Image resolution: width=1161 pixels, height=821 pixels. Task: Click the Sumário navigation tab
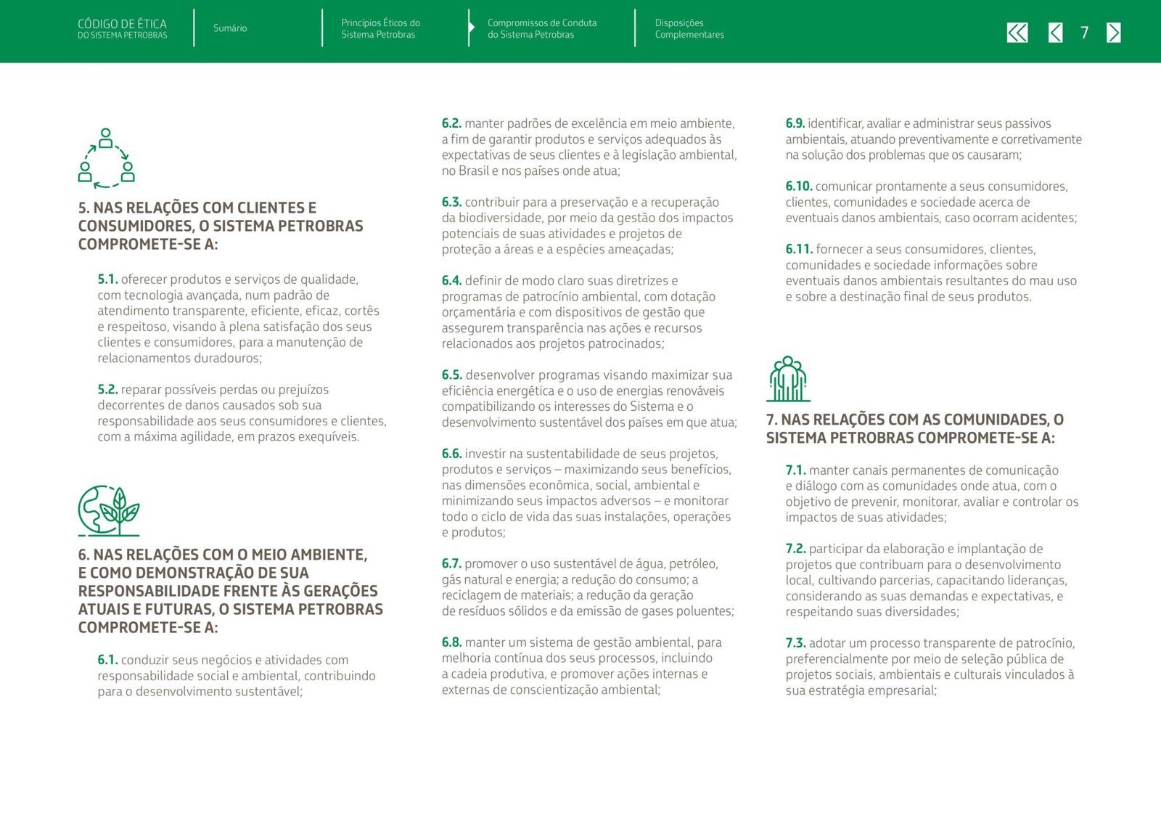pyautogui.click(x=229, y=28)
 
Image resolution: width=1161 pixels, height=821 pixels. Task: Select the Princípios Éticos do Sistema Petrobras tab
pyautogui.click(x=380, y=28)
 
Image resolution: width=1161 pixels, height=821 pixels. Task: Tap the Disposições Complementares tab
pyautogui.click(x=689, y=28)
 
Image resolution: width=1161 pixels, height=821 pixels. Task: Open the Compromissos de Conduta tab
pyautogui.click(x=541, y=28)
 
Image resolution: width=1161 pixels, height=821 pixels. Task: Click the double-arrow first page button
pyautogui.click(x=1017, y=33)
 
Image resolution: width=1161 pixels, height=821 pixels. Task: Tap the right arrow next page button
pyautogui.click(x=1113, y=33)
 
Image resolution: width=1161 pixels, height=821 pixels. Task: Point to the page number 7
pyautogui.click(x=1084, y=33)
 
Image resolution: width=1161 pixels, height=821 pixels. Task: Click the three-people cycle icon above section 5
pyautogui.click(x=106, y=158)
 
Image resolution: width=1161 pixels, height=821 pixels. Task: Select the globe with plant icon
pyautogui.click(x=108, y=510)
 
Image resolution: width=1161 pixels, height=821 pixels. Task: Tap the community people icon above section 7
pyautogui.click(x=788, y=379)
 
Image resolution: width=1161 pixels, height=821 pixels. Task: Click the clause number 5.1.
pyautogui.click(x=107, y=279)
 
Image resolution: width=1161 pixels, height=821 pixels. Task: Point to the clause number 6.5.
pyautogui.click(x=451, y=375)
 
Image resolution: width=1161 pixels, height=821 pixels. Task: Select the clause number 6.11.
pyautogui.click(x=798, y=249)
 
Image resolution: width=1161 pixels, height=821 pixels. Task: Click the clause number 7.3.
pyautogui.click(x=795, y=643)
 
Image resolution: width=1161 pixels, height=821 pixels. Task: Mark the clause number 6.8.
pyautogui.click(x=451, y=642)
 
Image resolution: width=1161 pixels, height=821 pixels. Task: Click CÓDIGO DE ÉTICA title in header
pyautogui.click(x=122, y=24)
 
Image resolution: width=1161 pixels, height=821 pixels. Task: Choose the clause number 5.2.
pyautogui.click(x=107, y=390)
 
